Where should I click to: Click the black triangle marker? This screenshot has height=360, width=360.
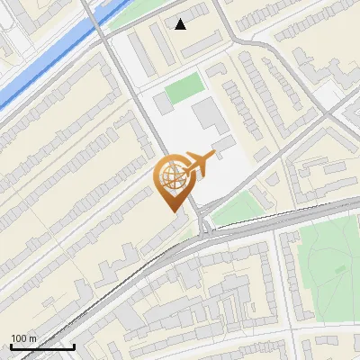pyautogui.click(x=181, y=24)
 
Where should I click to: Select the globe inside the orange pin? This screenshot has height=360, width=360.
pyautogui.click(x=170, y=176)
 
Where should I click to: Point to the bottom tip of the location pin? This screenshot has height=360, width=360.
pyautogui.click(x=172, y=211)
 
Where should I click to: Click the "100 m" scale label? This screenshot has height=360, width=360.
pyautogui.click(x=23, y=338)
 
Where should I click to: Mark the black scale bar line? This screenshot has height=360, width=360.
pyautogui.click(x=42, y=346)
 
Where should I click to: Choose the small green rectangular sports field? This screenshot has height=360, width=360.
pyautogui.click(x=184, y=88)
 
